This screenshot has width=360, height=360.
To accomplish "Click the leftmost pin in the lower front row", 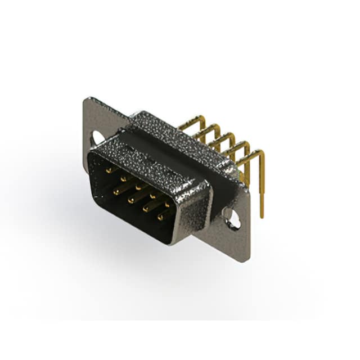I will pos(117,191).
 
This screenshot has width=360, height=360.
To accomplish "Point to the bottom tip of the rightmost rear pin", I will pos(262,215).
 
